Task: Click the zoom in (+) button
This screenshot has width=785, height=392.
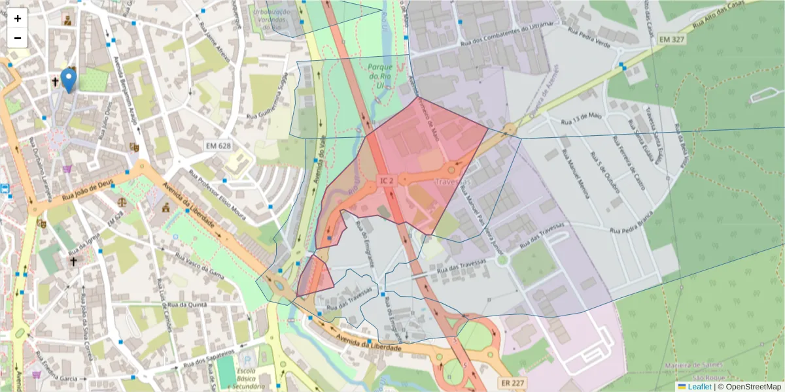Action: click(x=18, y=18)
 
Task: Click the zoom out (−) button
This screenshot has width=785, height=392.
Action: click(x=18, y=38)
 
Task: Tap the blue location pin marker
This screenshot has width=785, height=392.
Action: click(x=69, y=80)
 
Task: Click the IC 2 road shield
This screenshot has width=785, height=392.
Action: click(x=387, y=180)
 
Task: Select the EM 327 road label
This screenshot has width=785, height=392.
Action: click(x=672, y=40)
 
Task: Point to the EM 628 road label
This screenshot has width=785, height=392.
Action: click(x=218, y=144)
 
